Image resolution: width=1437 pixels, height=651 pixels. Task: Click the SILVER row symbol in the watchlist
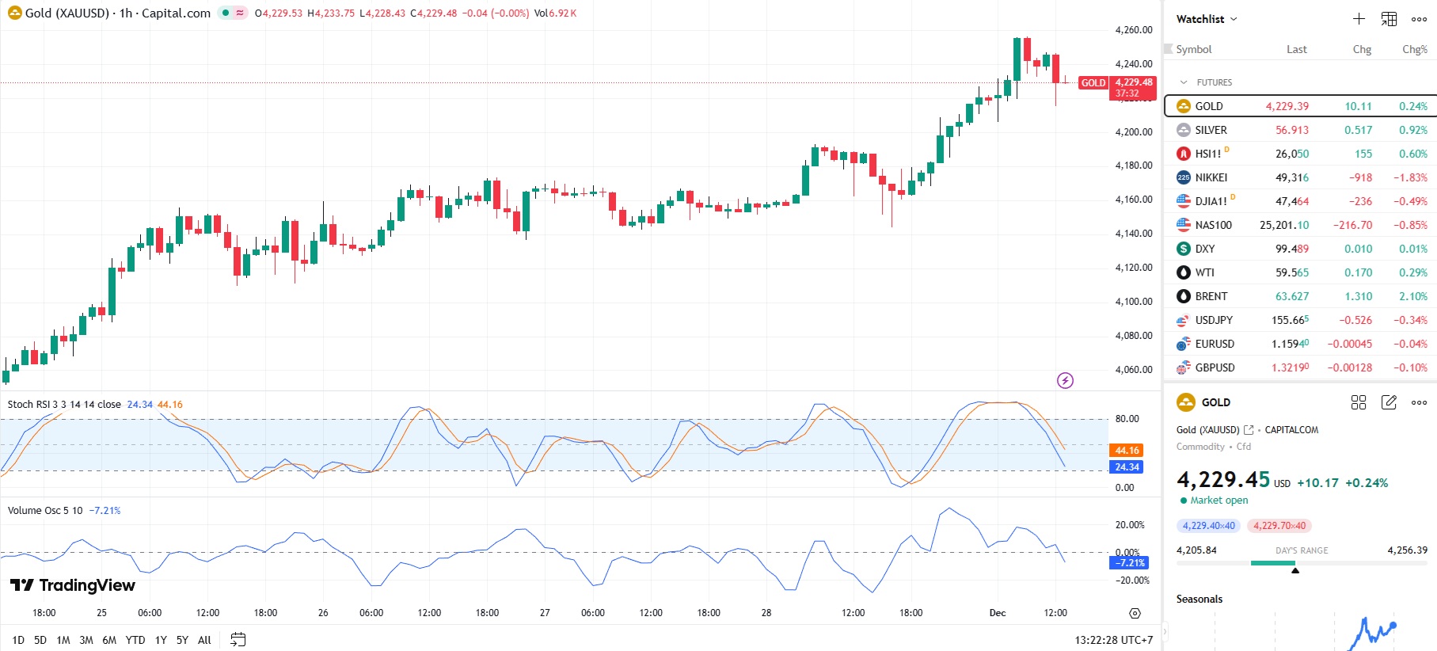click(1211, 130)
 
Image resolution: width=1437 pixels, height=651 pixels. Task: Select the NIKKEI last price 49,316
click(1291, 177)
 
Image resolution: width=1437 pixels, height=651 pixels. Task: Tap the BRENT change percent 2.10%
click(1412, 296)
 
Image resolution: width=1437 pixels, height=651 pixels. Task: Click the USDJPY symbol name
click(1214, 320)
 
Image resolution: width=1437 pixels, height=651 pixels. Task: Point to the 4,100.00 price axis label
click(1134, 302)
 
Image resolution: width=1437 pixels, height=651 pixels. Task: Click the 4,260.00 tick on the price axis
click(1134, 30)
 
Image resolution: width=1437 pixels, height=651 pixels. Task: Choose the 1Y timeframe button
click(161, 640)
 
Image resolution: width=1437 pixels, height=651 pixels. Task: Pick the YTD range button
click(135, 640)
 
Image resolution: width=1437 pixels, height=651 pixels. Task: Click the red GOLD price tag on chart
click(1093, 83)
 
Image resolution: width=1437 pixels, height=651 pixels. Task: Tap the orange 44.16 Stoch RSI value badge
click(1126, 451)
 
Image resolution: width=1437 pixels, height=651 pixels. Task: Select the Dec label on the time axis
click(998, 613)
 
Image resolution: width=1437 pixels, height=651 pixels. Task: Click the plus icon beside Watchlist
click(1359, 19)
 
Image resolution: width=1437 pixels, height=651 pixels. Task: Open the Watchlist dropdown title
click(1206, 19)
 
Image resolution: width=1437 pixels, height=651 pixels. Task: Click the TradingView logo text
click(73, 585)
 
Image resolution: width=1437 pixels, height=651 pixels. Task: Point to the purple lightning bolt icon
click(1066, 381)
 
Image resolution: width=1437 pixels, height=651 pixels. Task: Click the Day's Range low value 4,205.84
click(1196, 550)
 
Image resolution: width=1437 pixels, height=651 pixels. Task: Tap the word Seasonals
click(1199, 600)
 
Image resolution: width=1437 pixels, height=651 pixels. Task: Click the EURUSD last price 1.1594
click(1290, 344)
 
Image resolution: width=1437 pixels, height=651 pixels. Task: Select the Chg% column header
click(1414, 49)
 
